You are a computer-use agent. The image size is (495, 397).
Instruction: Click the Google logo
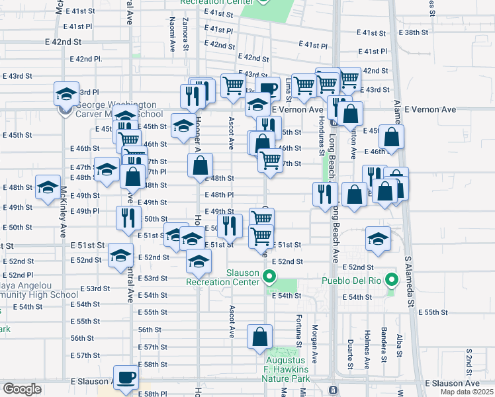[22, 389]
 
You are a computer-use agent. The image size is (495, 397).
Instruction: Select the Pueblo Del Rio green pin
[392, 279]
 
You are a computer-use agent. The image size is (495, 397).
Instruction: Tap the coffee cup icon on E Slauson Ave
[126, 377]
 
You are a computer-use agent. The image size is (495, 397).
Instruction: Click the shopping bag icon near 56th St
[260, 336]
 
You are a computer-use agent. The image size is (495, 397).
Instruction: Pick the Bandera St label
[383, 345]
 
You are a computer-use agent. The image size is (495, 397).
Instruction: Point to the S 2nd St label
[469, 363]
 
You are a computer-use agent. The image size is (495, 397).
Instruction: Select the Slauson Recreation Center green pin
[269, 277]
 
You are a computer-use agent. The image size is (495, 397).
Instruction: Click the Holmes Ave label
[366, 349]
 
